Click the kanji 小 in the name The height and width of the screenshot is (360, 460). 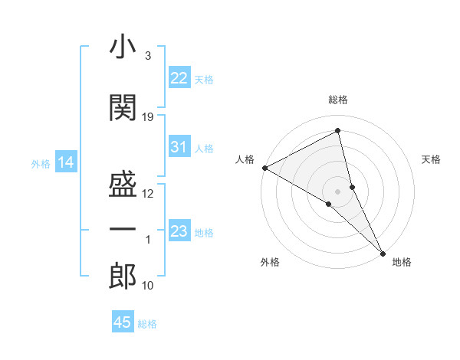point(123,47)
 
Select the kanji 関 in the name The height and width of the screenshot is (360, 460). point(123,107)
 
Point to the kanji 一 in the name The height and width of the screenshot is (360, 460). point(123,230)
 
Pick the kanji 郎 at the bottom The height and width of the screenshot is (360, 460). point(123,277)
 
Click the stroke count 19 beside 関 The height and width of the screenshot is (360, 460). point(148,117)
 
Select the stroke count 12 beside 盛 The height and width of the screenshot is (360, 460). point(148,194)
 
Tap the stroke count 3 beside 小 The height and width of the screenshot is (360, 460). point(148,56)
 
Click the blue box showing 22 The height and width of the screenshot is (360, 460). point(179,78)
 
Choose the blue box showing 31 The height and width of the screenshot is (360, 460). point(179,147)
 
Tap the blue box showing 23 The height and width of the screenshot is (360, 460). point(179,231)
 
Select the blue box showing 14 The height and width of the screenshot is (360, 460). point(65,162)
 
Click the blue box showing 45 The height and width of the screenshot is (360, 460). point(123,322)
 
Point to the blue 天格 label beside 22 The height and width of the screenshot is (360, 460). point(204,80)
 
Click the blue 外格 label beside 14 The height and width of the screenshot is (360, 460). point(41,164)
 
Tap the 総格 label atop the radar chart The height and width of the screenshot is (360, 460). point(338,100)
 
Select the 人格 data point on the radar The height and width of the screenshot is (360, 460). point(264,168)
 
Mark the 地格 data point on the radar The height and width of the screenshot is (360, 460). point(383,252)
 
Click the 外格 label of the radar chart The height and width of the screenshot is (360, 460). point(270,262)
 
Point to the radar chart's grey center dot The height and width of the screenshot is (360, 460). point(338,190)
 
